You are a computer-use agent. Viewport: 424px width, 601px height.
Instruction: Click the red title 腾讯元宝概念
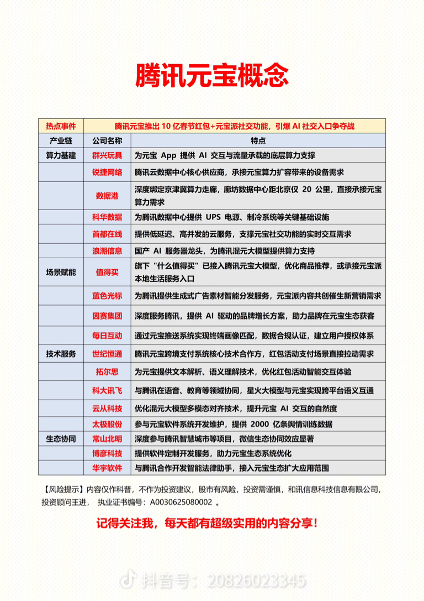tap(212, 75)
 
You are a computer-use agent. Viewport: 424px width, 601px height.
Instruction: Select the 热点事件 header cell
tap(61, 126)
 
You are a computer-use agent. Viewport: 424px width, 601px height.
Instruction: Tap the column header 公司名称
tap(107, 140)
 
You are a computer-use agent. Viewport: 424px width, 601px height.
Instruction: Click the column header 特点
tap(258, 140)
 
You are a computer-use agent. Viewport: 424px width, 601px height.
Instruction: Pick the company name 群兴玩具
tap(107, 155)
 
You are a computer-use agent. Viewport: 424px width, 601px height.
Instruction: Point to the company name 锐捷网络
tap(107, 173)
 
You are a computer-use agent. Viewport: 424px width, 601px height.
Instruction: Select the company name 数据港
tap(107, 195)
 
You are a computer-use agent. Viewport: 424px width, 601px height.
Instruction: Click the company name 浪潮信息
tap(107, 250)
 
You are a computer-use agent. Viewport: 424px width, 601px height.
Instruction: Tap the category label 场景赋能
tap(61, 272)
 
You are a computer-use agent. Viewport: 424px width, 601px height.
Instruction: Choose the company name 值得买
tap(107, 272)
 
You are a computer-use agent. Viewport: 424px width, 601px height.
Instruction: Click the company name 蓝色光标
tap(107, 296)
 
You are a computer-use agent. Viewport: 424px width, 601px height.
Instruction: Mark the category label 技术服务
tap(61, 353)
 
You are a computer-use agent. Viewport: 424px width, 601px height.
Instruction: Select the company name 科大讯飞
tap(107, 390)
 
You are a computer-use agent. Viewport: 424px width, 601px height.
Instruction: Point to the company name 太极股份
tap(107, 424)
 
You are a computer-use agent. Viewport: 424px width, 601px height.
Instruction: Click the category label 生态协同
tap(61, 438)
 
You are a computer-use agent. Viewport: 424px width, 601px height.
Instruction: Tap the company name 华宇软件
tap(107, 468)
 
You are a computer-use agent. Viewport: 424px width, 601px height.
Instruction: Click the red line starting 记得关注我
tap(212, 522)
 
